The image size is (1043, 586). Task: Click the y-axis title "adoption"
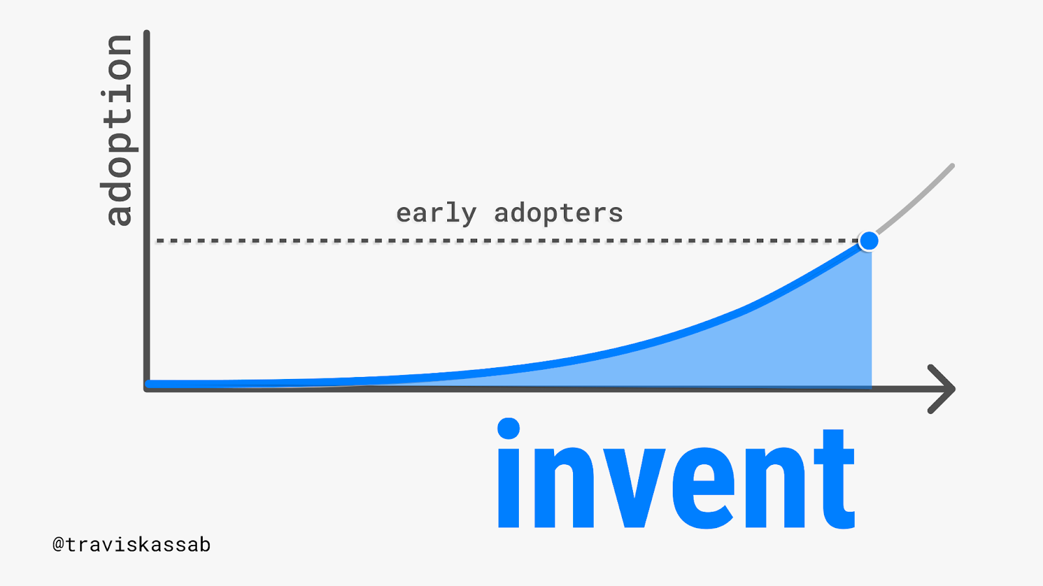coord(119,130)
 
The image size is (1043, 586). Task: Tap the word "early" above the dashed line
coord(436,214)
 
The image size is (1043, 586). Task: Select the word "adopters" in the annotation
coord(558,214)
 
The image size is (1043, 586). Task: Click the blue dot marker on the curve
coord(869,241)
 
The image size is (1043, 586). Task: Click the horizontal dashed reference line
coord(508,241)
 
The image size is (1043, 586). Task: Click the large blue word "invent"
coord(676,473)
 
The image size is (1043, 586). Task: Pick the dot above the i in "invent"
coord(508,428)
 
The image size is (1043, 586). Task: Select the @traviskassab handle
coord(131,544)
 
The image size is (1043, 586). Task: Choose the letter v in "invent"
coord(632,488)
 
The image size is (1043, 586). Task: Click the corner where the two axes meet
coord(147,389)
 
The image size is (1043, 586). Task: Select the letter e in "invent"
coord(704,488)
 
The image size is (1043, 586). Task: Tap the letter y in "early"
coord(469,217)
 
